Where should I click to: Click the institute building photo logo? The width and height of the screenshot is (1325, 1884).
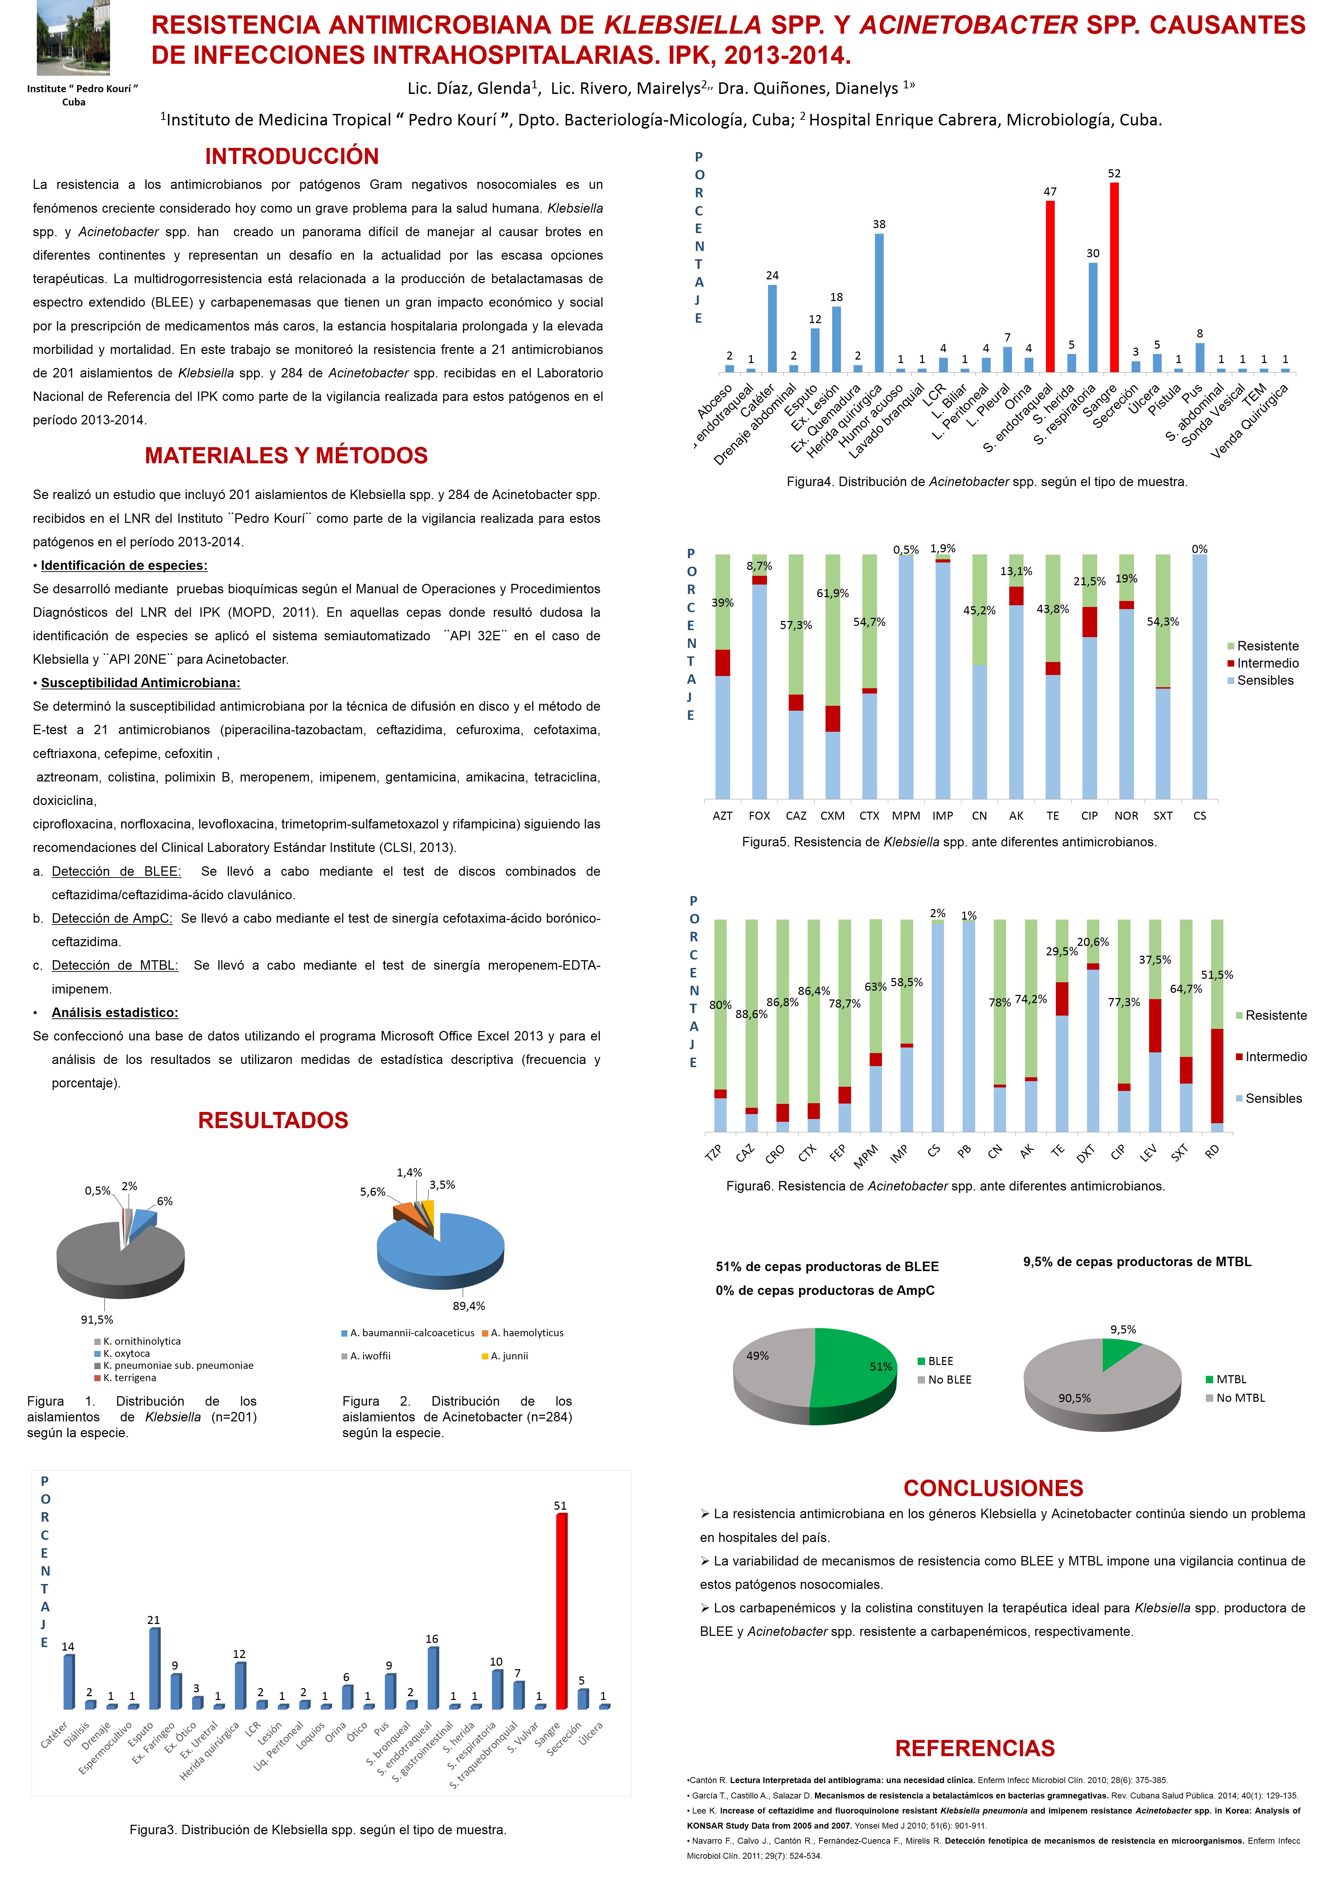pyautogui.click(x=73, y=38)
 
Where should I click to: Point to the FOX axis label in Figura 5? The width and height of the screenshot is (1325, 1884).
pyautogui.click(x=759, y=815)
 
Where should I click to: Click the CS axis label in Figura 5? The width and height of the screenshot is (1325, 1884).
pyautogui.click(x=1200, y=815)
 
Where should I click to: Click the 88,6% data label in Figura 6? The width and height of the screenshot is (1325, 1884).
pyautogui.click(x=751, y=1014)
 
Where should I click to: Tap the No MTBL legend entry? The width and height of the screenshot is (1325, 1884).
pyautogui.click(x=1239, y=1398)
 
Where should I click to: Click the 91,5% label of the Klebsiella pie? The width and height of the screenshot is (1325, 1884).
pyautogui.click(x=97, y=1319)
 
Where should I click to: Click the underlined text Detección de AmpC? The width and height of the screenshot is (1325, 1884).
pyautogui.click(x=112, y=918)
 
